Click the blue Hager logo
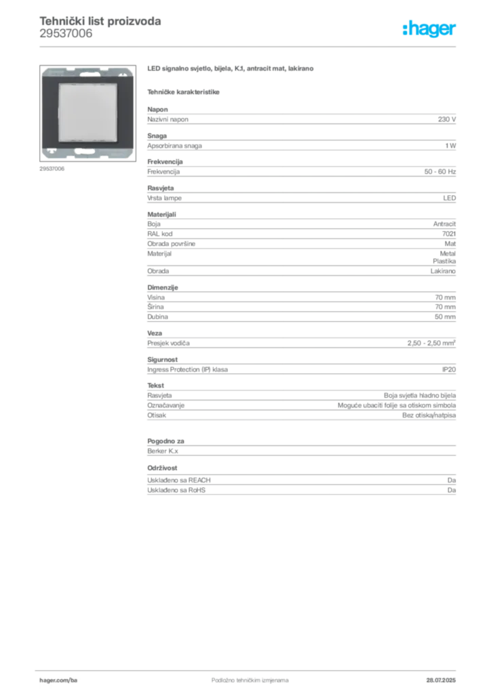(430, 29)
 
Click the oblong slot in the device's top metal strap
(87, 70)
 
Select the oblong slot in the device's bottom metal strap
(83, 150)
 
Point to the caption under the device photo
(51, 169)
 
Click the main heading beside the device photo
(231, 70)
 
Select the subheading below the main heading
(184, 91)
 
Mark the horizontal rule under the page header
(250, 46)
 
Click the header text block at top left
(100, 26)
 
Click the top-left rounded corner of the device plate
(43, 70)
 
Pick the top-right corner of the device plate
(131, 70)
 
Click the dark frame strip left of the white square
(52, 112)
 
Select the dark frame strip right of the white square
(123, 112)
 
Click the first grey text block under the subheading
(301, 119)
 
